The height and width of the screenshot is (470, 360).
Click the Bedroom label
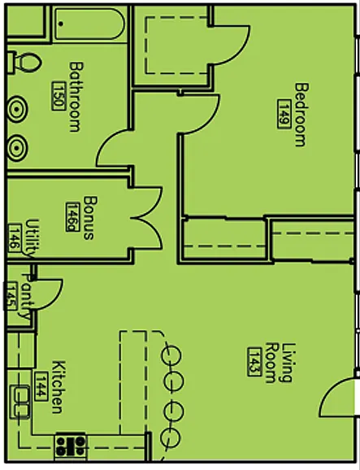(x=301, y=115)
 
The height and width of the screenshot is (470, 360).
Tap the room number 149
(x=284, y=114)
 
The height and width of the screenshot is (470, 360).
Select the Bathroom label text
(x=76, y=97)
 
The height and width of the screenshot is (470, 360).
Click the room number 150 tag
(x=59, y=96)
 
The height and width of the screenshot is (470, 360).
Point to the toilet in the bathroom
(x=24, y=63)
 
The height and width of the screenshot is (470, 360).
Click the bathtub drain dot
(x=61, y=24)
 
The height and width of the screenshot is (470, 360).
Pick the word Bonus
(x=90, y=218)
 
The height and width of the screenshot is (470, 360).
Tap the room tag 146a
(x=73, y=217)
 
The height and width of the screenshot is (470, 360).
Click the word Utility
(x=33, y=238)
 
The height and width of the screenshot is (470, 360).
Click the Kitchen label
(x=58, y=387)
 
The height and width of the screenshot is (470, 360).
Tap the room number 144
(x=41, y=386)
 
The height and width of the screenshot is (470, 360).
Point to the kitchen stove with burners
(x=71, y=446)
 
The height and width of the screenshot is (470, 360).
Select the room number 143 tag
(x=254, y=362)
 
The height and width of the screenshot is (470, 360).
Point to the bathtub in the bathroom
(x=89, y=24)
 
